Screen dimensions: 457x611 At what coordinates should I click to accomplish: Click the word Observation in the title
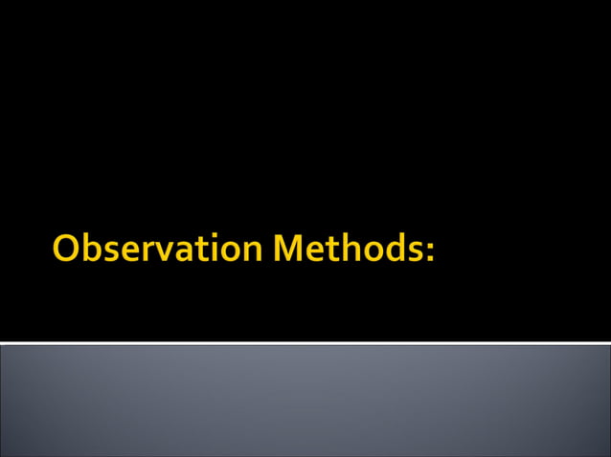[x=158, y=249]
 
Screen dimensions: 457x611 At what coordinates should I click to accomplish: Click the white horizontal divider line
[x=305, y=342]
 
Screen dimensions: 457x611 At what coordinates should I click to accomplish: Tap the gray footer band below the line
[x=305, y=402]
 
